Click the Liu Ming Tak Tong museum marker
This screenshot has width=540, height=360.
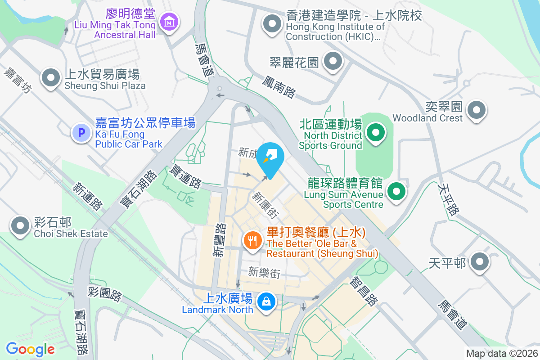coord(169,21)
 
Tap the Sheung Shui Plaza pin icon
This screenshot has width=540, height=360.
coord(51,78)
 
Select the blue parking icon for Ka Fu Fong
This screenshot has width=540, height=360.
coord(81,133)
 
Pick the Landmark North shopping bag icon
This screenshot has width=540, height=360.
coord(266,301)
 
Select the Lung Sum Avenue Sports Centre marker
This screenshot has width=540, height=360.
coord(396,192)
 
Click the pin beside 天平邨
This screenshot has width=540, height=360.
coord(480,261)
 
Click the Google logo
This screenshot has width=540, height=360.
coord(30,349)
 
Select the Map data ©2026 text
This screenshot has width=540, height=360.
coord(501,354)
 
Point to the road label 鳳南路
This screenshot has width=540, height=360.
coord(279,87)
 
